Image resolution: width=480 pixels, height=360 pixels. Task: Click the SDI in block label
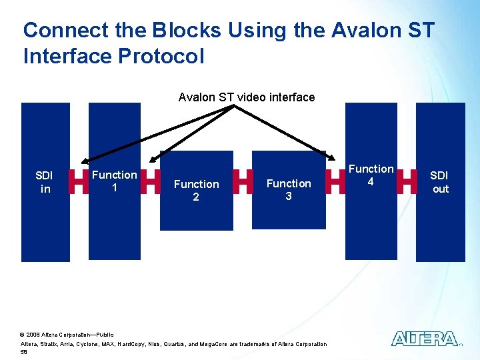[x=44, y=182]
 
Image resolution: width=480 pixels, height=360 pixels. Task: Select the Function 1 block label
[x=114, y=181]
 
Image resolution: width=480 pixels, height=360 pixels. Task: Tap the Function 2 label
[x=196, y=190]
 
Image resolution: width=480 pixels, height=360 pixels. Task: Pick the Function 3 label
[x=289, y=189]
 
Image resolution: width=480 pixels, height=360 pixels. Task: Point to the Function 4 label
[x=371, y=175]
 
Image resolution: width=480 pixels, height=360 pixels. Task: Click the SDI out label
[x=440, y=182]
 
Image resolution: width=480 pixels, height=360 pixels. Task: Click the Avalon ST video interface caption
[x=247, y=97]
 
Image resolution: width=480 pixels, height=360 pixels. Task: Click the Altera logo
[x=425, y=339]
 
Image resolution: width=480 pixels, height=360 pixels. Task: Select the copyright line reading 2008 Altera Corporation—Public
[x=67, y=334]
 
